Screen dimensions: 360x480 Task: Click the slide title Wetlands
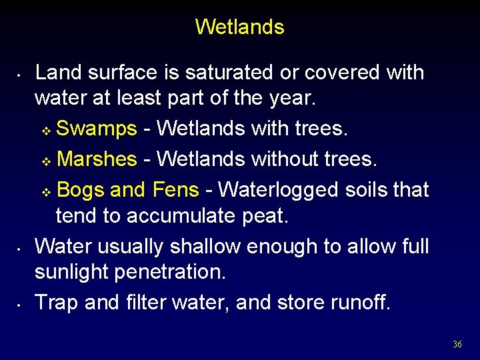tap(239, 27)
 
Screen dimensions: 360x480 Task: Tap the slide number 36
tap(457, 344)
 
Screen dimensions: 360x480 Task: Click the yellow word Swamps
tap(97, 129)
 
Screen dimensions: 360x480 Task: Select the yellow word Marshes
tap(97, 159)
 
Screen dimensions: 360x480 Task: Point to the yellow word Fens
tap(175, 190)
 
